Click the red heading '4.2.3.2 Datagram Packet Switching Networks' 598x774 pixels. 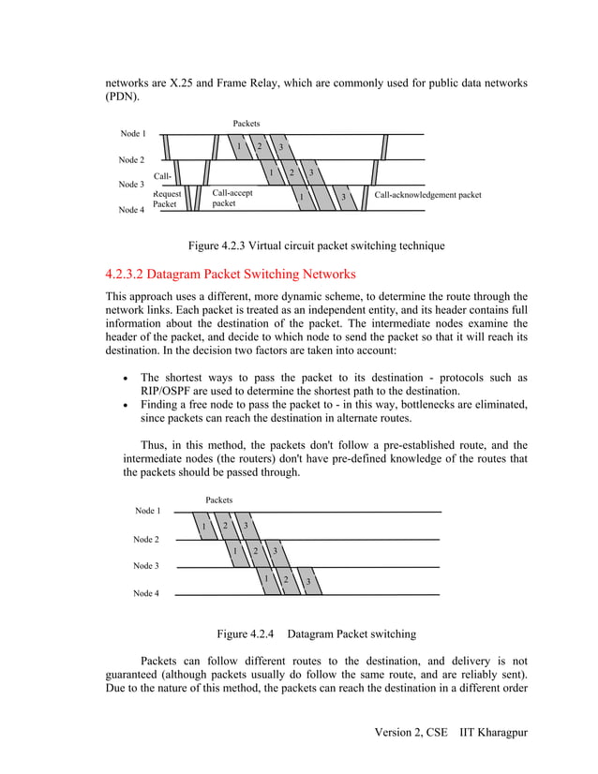(x=231, y=275)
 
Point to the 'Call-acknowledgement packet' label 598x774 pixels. (x=427, y=196)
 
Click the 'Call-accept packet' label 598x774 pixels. (x=232, y=197)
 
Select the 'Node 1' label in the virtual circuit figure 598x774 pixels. (x=132, y=134)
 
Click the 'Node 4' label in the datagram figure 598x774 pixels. (x=145, y=593)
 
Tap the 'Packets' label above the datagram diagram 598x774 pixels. (x=218, y=500)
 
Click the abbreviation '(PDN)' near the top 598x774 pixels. (x=122, y=97)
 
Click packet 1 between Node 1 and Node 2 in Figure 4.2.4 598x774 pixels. (x=203, y=526)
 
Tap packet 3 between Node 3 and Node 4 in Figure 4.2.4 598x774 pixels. (x=307, y=582)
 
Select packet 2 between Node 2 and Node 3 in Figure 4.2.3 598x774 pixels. (x=292, y=172)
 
